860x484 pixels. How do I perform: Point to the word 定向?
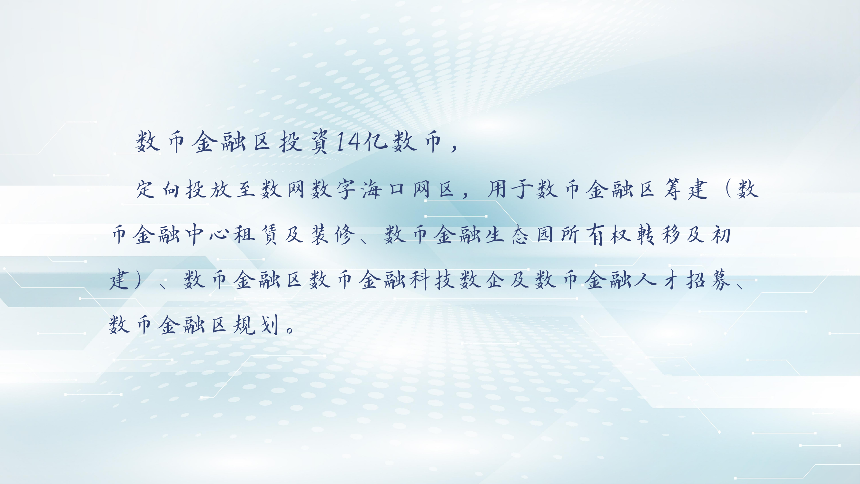[x=158, y=189]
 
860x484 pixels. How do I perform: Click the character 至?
[x=246, y=189]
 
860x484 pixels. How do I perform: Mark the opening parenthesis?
[x=727, y=189]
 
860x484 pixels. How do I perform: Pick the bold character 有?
[x=596, y=235]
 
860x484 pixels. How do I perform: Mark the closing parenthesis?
[x=139, y=280]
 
